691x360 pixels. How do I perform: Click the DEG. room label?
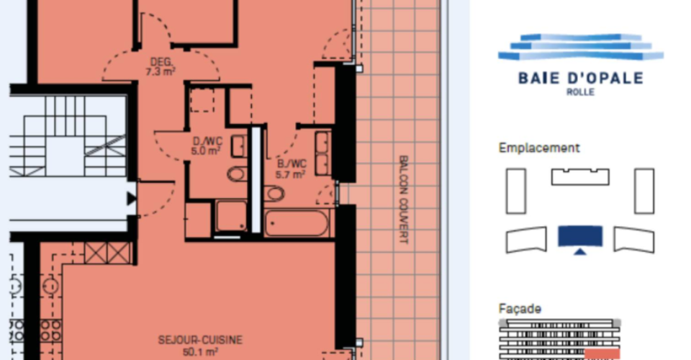pos(161,62)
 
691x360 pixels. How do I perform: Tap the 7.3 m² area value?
pos(161,71)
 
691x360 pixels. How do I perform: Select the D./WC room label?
pos(207,142)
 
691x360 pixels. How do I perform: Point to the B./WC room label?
pos(292,164)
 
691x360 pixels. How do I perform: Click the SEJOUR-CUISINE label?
pos(201,340)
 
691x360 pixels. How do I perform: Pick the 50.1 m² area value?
pos(201,352)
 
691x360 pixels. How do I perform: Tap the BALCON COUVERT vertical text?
pos(403,199)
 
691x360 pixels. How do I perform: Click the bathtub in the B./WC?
pos(297,223)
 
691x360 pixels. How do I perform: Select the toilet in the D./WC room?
pos(238,174)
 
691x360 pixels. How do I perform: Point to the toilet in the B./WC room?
pos(274,194)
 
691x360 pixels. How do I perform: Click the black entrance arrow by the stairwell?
pos(131,198)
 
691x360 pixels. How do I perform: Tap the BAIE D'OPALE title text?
pos(581,78)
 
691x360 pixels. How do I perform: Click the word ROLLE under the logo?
pos(580,92)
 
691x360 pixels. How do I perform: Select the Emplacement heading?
pos(539,148)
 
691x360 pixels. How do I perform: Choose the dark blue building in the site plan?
pos(580,235)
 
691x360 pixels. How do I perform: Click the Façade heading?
pos(520,309)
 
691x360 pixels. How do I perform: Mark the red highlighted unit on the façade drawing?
pos(602,354)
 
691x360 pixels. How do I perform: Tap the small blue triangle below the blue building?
pos(580,251)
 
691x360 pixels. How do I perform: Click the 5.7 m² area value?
pos(291,175)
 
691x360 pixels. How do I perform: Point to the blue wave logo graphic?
pos(581,47)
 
